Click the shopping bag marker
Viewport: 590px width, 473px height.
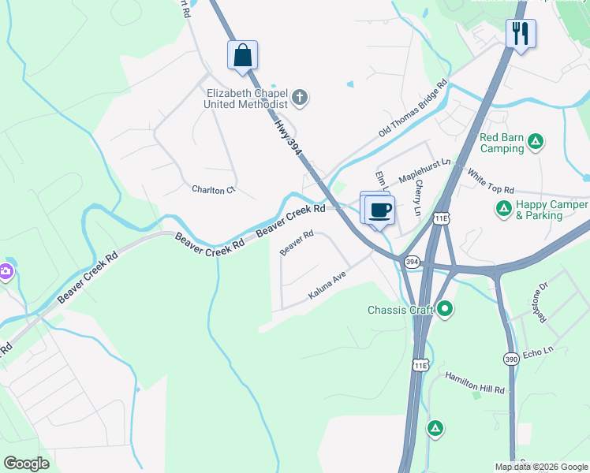point(242,55)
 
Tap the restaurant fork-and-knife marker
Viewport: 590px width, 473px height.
point(521,34)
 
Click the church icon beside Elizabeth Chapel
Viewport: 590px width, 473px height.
point(299,98)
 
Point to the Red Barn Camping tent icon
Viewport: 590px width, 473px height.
point(536,142)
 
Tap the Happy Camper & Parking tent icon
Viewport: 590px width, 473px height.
point(503,209)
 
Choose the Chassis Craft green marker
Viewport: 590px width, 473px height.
point(445,309)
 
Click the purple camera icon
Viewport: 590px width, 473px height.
point(6,272)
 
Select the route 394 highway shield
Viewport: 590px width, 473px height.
point(411,262)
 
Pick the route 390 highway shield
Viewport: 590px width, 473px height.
point(511,359)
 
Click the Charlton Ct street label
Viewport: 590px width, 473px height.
point(214,189)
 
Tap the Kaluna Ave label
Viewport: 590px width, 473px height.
point(327,291)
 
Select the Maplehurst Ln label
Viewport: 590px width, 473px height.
point(423,169)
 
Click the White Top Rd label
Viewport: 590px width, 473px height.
point(490,181)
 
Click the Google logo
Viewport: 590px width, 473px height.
point(27,464)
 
